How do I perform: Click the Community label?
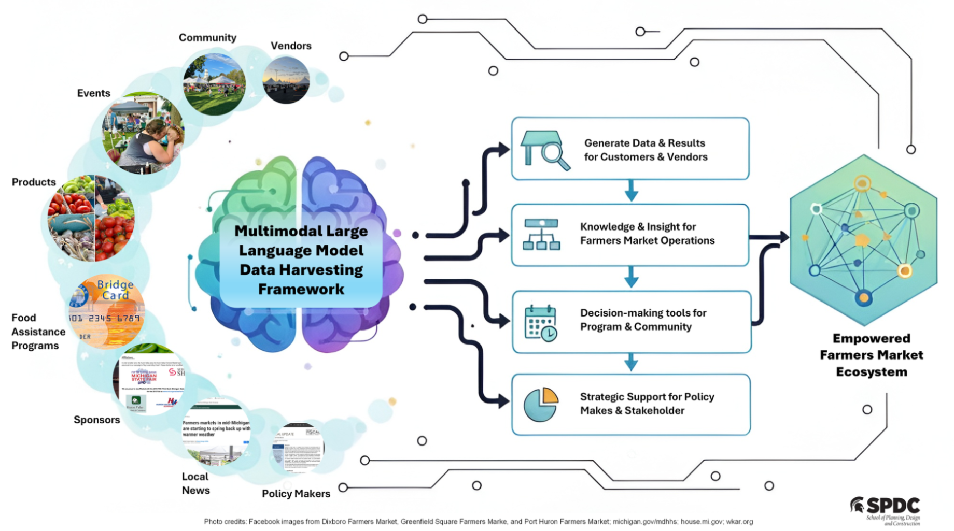207,38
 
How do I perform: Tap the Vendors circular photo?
286,80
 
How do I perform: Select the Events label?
93,93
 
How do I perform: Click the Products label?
34,182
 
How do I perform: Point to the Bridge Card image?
107,311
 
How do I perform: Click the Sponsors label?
96,420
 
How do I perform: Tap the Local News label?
195,483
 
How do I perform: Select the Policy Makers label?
296,494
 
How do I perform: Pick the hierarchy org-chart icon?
541,235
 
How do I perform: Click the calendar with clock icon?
541,323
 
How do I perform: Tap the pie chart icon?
541,404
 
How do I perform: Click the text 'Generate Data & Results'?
644,143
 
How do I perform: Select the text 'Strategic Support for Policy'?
647,397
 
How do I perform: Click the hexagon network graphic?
863,239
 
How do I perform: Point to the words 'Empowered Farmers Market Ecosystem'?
871,355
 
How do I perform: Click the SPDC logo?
886,509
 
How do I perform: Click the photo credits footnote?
478,522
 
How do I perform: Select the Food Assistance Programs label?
38,332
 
